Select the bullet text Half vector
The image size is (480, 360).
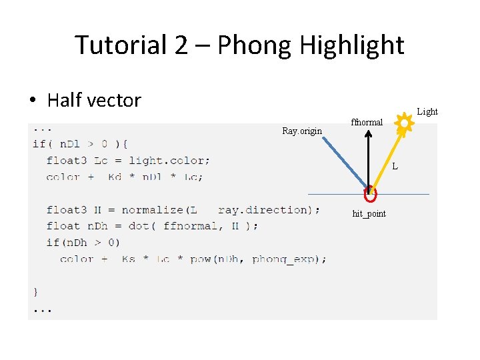click(x=94, y=101)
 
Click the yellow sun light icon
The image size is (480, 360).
click(x=403, y=123)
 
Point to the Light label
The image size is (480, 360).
click(x=427, y=112)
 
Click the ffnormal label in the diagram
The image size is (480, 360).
click(x=367, y=122)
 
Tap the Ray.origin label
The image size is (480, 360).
click(x=301, y=131)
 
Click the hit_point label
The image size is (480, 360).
click(x=369, y=213)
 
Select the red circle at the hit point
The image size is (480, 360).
click(x=370, y=194)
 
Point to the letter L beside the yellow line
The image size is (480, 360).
click(x=395, y=166)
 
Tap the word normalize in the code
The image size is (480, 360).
click(x=151, y=209)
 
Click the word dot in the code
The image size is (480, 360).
click(x=138, y=226)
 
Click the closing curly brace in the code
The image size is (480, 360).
click(x=36, y=291)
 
